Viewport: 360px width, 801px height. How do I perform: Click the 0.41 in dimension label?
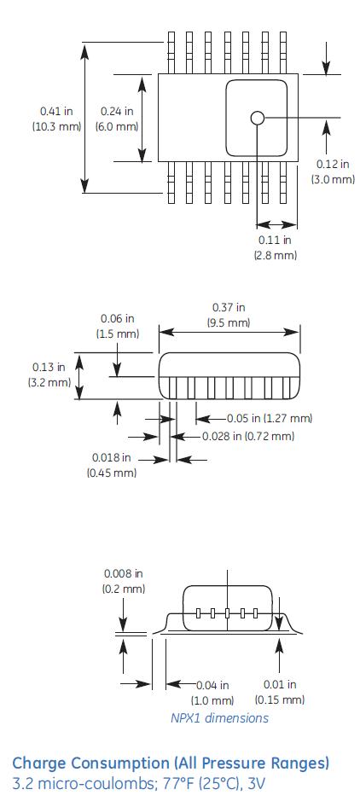(x=56, y=119)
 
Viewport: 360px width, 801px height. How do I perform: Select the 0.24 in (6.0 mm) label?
(x=117, y=119)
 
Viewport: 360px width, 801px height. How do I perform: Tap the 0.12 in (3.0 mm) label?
(x=332, y=171)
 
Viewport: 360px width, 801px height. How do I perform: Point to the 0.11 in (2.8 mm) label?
(x=275, y=247)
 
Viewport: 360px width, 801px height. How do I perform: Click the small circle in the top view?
(x=258, y=118)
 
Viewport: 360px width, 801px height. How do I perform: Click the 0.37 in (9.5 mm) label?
(x=228, y=315)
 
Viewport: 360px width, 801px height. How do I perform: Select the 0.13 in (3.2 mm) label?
(x=49, y=374)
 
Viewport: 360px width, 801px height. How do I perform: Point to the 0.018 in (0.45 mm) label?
(x=111, y=465)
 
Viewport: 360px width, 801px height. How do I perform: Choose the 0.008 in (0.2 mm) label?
(x=124, y=581)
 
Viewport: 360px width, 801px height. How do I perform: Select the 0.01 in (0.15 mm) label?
(x=279, y=692)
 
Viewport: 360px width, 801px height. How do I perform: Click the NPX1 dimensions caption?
(x=219, y=717)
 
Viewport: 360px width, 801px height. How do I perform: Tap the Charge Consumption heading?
(x=170, y=763)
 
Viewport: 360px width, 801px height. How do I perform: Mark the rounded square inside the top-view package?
(x=257, y=119)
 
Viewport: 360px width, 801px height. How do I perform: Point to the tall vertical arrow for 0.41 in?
(x=84, y=119)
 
